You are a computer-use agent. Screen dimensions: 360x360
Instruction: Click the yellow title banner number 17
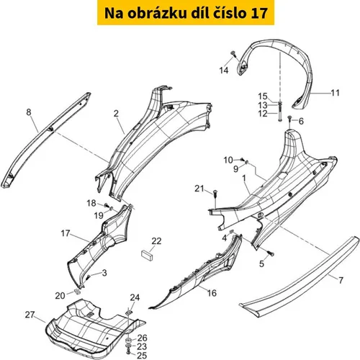[258, 13]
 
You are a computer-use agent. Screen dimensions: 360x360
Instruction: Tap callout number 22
[156, 241]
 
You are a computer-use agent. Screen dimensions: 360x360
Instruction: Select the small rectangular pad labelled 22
[146, 254]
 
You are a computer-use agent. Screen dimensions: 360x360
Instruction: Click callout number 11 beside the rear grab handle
[335, 93]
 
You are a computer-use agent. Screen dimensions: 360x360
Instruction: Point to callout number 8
[29, 112]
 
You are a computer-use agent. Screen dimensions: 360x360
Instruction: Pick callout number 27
[30, 315]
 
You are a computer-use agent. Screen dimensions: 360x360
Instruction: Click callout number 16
[212, 293]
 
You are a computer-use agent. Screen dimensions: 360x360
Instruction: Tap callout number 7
[341, 280]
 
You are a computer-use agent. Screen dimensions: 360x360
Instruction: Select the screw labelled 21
[215, 194]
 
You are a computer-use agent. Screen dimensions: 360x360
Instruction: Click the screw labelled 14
[233, 53]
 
